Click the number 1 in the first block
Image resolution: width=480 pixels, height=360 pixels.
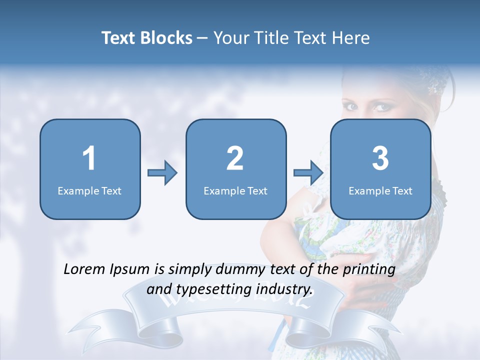point(89,158)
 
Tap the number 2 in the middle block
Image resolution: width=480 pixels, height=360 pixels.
point(235,158)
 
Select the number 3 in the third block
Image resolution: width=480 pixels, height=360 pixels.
point(380,158)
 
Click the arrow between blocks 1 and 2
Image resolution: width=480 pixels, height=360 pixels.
point(162,173)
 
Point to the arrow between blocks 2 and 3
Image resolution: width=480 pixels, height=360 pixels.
point(308,173)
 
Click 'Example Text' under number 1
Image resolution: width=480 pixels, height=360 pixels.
point(89,190)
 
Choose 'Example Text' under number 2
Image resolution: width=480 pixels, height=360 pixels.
point(235,190)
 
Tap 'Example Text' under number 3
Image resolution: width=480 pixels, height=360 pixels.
point(380,190)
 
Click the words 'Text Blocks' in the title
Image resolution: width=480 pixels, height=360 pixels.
point(146,38)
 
